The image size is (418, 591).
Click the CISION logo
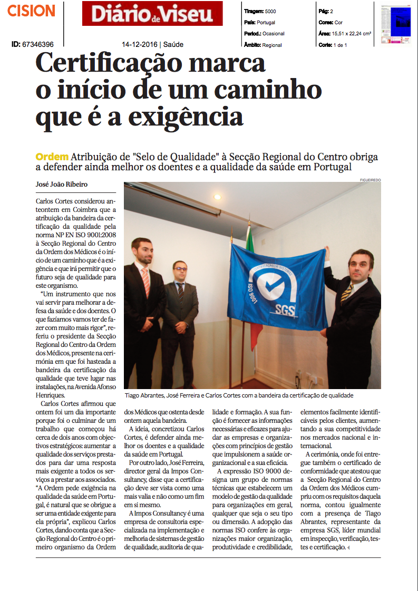31,11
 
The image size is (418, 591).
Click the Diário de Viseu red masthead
152,13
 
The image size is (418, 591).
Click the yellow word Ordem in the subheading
52,157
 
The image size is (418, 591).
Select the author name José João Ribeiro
62,185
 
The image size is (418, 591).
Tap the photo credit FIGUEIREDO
370,180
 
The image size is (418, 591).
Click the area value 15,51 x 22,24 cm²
353,34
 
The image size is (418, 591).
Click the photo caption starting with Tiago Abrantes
239,395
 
